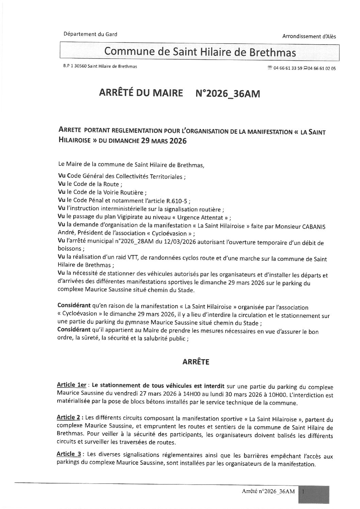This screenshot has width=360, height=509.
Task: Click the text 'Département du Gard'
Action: click(90, 34)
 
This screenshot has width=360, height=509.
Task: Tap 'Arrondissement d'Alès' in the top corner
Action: click(309, 36)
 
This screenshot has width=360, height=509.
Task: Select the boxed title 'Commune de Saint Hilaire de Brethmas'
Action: click(200, 51)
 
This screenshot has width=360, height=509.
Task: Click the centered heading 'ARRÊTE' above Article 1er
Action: click(194, 362)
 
